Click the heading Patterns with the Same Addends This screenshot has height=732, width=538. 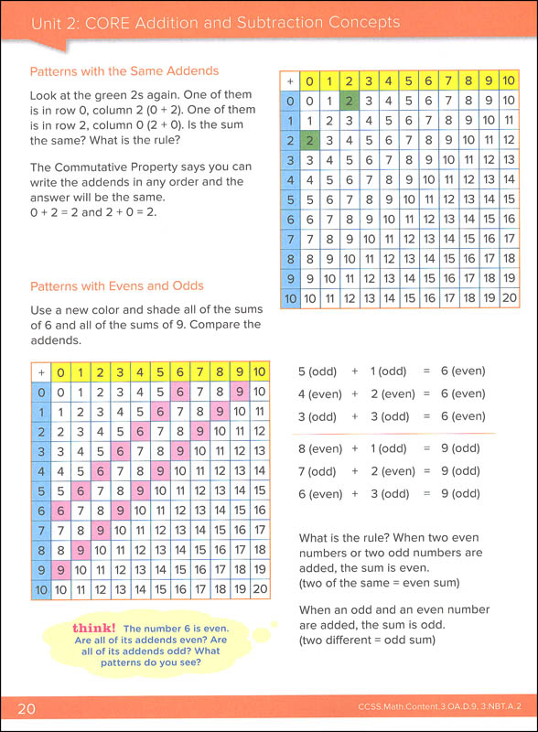click(124, 71)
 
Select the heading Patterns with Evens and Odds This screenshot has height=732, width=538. click(117, 286)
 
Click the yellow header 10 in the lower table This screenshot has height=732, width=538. click(259, 372)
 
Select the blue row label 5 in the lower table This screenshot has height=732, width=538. click(39, 490)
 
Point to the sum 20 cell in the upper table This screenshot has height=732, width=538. click(510, 297)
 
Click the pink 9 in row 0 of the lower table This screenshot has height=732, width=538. click(239, 392)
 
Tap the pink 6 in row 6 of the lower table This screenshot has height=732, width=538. click(59, 511)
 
